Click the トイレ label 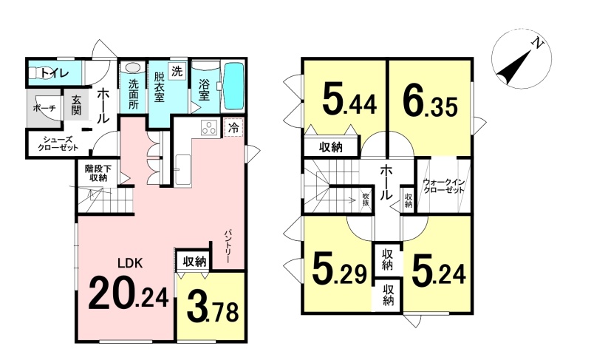pos(55,72)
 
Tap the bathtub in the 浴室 pos(234,86)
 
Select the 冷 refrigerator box pos(234,127)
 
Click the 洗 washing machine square pos(177,70)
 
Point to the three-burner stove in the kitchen pos(210,127)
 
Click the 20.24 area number pos(128,293)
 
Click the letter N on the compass pos(537,44)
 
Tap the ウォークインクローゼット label pos(444,186)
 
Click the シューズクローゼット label pos(58,143)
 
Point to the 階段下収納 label pos(96,173)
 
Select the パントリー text pos(228,247)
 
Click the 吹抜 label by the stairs pos(365,199)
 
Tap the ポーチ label pos(44,108)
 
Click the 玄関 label pos(76,105)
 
